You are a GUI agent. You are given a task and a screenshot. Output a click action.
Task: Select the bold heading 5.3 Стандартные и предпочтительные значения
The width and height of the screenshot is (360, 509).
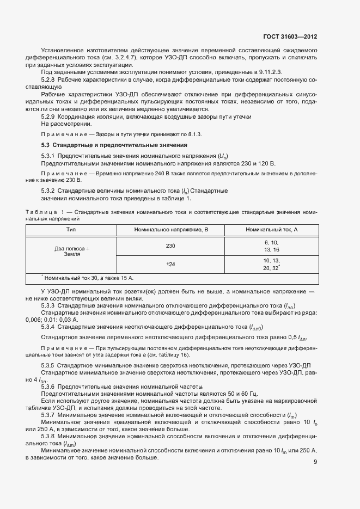click(x=114, y=145)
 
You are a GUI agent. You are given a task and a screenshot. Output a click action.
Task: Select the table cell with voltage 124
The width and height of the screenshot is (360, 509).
click(x=171, y=265)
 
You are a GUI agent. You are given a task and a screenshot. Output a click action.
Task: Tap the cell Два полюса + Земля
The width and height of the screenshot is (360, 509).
click(x=71, y=251)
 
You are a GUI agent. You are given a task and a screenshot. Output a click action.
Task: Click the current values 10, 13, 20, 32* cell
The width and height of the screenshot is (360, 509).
click(x=271, y=265)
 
